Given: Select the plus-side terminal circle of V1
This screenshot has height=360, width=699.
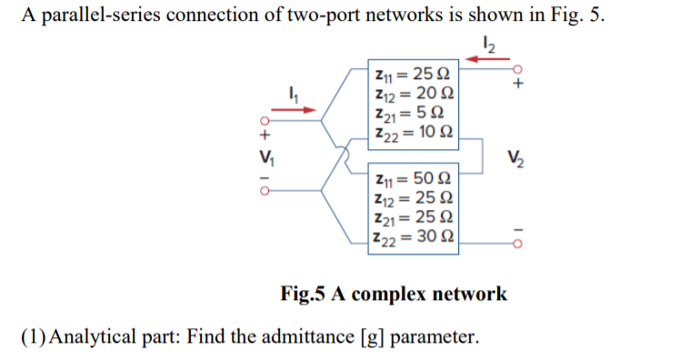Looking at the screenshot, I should coord(265,121).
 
